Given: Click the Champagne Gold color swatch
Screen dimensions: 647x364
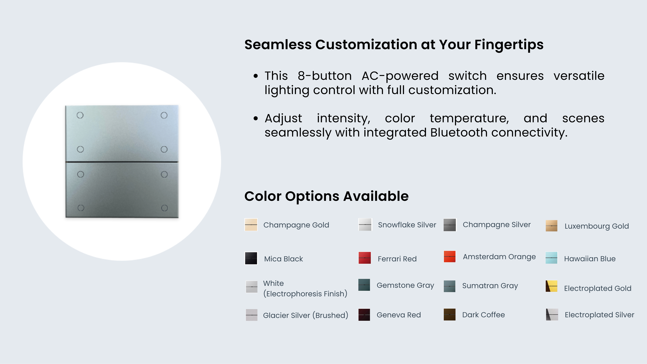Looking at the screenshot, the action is [251, 225].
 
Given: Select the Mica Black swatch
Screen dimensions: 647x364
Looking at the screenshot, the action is [251, 258].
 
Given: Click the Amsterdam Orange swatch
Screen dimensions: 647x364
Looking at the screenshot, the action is [450, 256].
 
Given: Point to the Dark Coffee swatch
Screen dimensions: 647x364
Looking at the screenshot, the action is [450, 315].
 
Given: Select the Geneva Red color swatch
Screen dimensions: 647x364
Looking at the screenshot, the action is [364, 315].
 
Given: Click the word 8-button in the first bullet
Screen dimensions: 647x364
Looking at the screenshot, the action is [325, 76].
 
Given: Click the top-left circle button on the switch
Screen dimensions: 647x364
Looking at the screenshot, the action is [80, 115].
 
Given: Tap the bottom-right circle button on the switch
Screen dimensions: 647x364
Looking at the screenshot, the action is [164, 208].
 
